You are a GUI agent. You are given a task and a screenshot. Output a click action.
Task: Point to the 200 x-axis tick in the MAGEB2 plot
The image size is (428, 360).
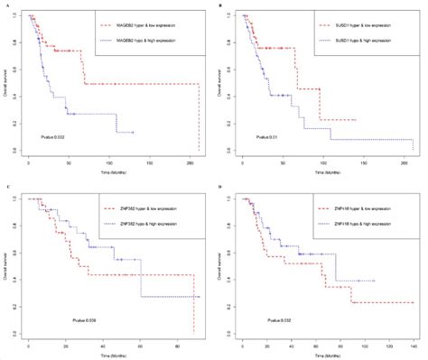(191, 160)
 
